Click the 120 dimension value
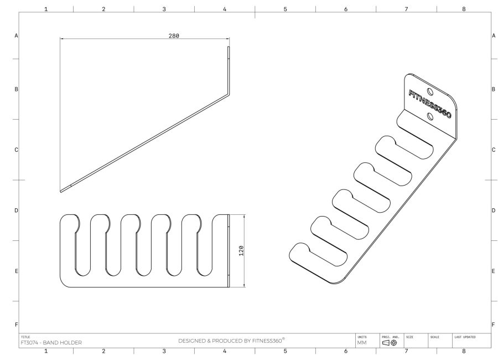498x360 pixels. (241, 250)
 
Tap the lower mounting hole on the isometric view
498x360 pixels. (430, 115)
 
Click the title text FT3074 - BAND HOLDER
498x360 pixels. (51, 342)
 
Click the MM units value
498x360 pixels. (362, 343)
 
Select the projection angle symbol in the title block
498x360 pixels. (389, 343)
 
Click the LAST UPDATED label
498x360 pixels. (465, 336)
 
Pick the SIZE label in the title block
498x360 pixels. (409, 336)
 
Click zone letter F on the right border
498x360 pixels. (492, 324)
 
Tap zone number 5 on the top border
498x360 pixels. (285, 9)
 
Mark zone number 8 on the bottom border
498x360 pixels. (464, 351)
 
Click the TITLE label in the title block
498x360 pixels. (25, 336)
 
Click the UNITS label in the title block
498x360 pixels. (362, 336)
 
